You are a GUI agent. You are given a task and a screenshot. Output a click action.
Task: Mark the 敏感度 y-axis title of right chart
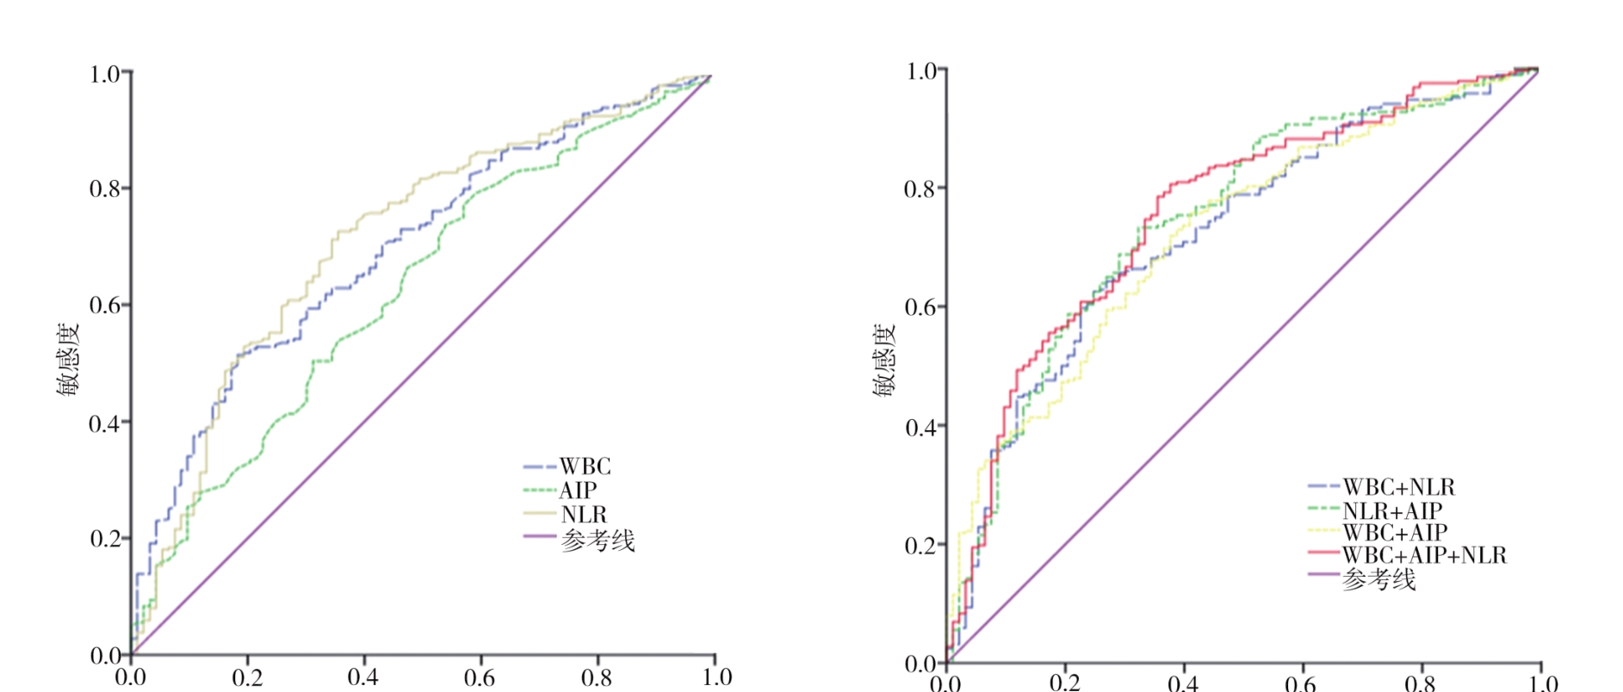click(x=885, y=360)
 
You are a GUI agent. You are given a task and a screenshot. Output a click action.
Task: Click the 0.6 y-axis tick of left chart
click(x=104, y=306)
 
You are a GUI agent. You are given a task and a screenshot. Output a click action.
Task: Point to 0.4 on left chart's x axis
click(x=362, y=677)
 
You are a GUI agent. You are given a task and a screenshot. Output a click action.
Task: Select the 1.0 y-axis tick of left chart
click(x=104, y=74)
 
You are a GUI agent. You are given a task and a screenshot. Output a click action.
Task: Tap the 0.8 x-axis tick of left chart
click(x=597, y=677)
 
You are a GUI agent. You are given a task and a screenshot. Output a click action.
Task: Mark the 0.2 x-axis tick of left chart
click(x=247, y=677)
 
